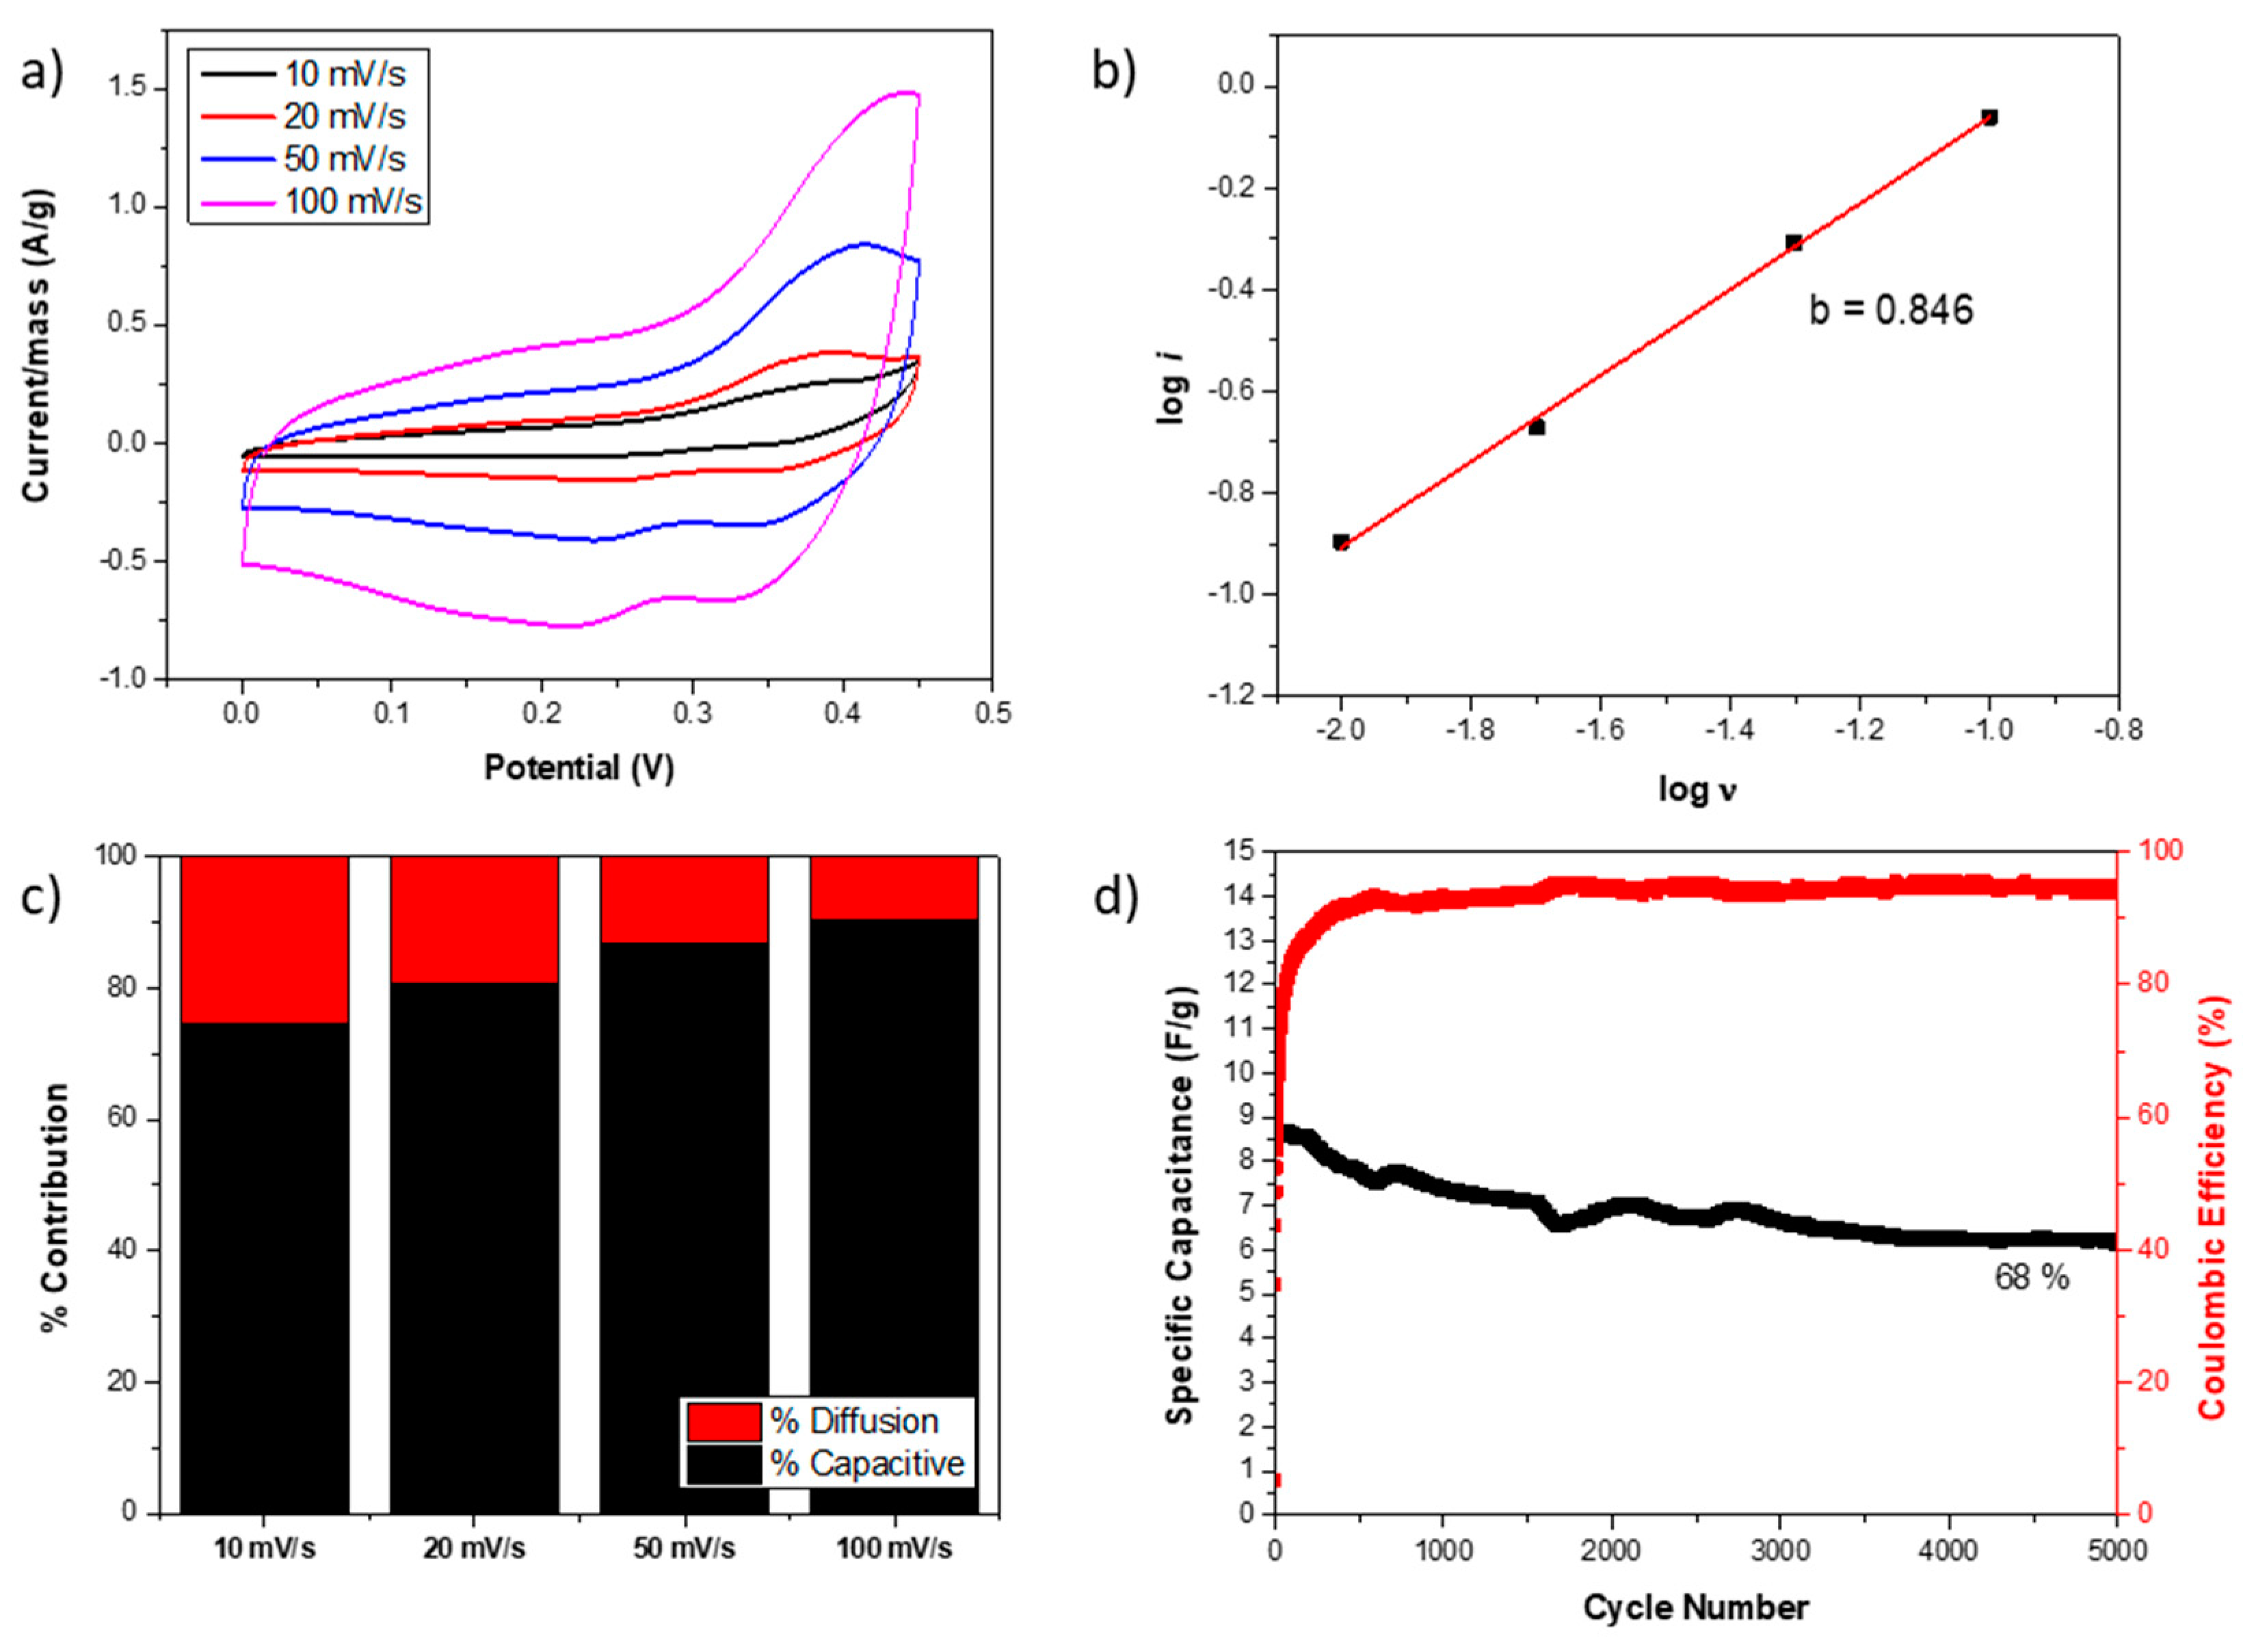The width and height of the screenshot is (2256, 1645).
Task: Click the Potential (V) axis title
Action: tap(579, 767)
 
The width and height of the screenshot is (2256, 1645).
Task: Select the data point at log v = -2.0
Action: tap(1341, 542)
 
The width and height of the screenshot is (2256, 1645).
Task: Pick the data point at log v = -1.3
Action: tap(1794, 242)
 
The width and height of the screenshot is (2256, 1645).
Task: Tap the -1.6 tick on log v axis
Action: tap(1598, 730)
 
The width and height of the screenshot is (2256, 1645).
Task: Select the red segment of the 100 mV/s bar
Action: tap(893, 886)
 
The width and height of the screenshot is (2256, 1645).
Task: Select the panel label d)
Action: tap(1114, 896)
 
